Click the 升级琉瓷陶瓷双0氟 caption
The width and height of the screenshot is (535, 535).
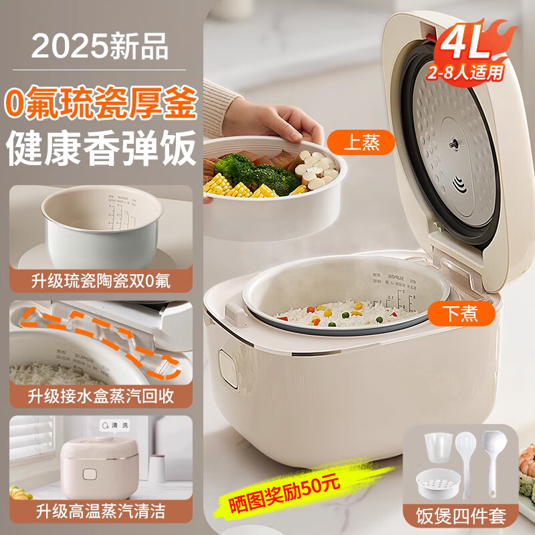(x=100, y=280)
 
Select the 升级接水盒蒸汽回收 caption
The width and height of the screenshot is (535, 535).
(x=100, y=395)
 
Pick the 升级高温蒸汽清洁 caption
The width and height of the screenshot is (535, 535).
(x=100, y=512)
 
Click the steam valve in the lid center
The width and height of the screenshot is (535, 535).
(x=453, y=144)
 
